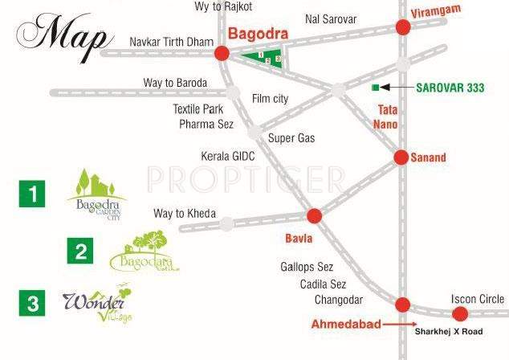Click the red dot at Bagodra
pos(222,53)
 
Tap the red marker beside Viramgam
pos(403,27)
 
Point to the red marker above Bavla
pos(314,215)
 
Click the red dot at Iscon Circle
pos(459,313)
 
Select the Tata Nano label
pos(386,117)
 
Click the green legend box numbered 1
pos(33,194)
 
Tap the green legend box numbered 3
pos(33,303)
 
